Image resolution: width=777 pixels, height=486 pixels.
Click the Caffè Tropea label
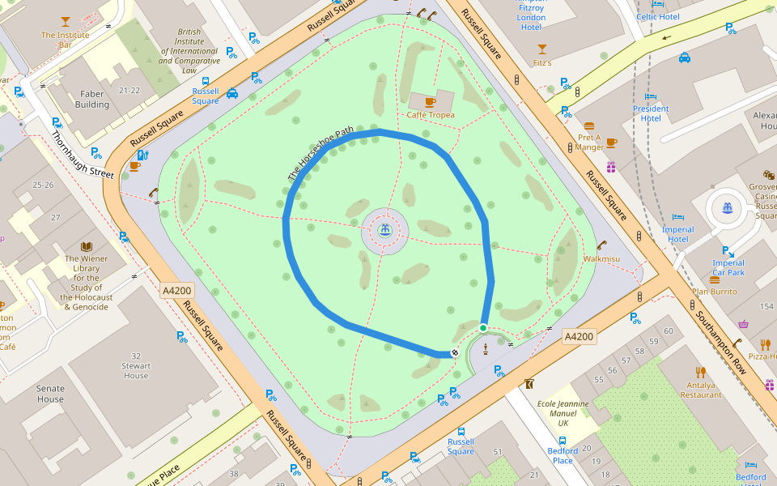click(431, 115)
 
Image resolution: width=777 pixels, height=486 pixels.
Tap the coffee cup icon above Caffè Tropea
click(430, 102)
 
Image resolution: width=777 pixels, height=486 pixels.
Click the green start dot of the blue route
click(483, 327)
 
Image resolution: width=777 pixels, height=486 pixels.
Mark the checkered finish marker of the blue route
click(456, 352)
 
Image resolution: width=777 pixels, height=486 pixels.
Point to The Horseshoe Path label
click(321, 153)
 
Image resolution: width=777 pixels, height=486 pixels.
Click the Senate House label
click(50, 394)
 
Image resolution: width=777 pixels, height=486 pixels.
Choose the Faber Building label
click(92, 100)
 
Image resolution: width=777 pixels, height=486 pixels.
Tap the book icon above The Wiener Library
click(87, 246)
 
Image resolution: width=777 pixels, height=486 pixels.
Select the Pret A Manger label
click(589, 143)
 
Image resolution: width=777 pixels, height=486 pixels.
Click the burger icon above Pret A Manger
click(588, 126)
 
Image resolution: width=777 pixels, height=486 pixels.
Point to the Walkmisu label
click(601, 259)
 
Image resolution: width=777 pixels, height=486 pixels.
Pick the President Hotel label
click(651, 113)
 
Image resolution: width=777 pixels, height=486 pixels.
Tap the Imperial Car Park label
click(728, 267)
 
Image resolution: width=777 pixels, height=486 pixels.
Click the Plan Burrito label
click(715, 291)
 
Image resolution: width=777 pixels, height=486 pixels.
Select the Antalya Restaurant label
click(701, 390)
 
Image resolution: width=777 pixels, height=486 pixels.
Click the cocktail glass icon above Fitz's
click(541, 49)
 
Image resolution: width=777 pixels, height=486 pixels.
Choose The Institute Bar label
click(65, 40)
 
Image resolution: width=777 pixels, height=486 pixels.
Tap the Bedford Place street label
click(563, 455)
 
